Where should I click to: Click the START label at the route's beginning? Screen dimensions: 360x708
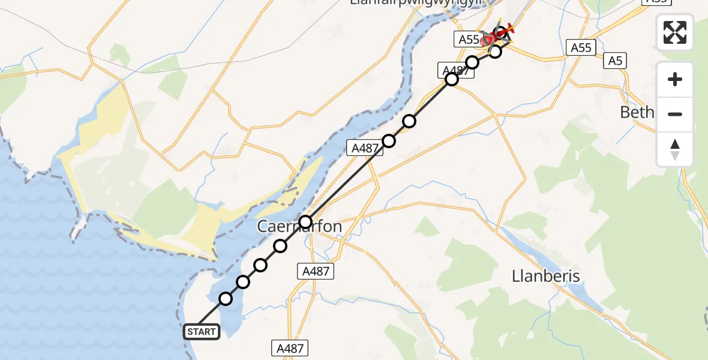point(201,332)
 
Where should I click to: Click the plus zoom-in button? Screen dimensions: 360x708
point(675,79)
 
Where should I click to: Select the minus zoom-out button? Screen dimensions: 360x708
point(675,114)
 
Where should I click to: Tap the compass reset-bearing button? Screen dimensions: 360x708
point(675,149)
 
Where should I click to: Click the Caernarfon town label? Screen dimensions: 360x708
point(299,227)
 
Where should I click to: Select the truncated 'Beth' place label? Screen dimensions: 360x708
point(636,112)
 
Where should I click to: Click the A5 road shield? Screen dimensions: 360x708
point(614,61)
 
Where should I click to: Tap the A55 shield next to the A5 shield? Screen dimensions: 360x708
point(581,48)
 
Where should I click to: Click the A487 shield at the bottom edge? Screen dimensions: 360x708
point(290,348)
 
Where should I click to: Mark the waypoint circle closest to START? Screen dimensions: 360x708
point(225,299)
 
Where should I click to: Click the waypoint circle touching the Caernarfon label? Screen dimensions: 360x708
point(305,222)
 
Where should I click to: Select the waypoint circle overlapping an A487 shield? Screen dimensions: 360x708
point(452,79)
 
